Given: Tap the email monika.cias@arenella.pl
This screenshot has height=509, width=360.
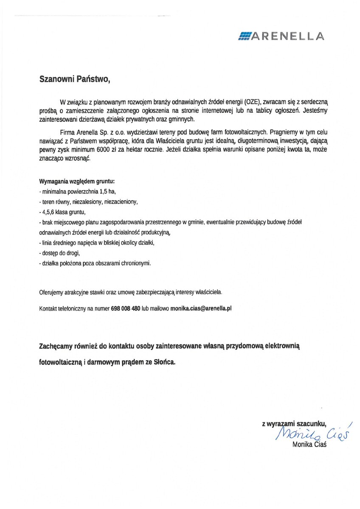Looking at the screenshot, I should (201, 309).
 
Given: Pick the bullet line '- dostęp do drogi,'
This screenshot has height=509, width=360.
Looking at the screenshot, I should (59, 253).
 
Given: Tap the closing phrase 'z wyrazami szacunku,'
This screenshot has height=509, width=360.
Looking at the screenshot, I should (294, 423).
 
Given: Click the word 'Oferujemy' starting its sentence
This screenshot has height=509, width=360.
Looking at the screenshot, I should (51, 292).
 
